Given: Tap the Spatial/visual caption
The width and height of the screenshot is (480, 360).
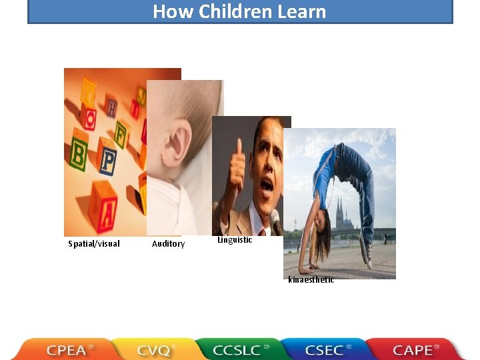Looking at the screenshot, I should click(94, 244).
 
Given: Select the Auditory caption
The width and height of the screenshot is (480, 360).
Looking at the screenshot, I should click(168, 244).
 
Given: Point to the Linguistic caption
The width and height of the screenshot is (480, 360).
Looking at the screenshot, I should click(235, 240).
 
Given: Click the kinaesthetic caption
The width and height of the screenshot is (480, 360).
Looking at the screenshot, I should click(311, 280).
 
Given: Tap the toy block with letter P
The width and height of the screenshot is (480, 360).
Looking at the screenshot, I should click(107, 159).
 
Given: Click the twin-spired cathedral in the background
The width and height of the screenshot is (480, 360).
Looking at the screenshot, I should click(344, 217).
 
